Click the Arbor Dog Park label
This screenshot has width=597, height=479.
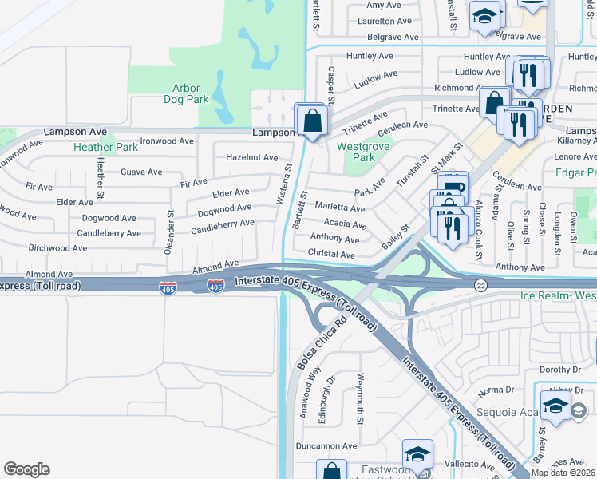tap(185, 94)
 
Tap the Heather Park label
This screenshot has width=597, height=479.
tap(105, 147)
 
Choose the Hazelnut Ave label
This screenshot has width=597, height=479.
tap(252, 158)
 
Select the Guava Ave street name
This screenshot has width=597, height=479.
tap(141, 172)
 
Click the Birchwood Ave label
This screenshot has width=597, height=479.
tap(57, 248)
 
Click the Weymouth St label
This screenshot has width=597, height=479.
tap(360, 399)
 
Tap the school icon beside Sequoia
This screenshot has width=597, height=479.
tap(555, 406)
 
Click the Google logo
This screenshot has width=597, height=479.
tap(26, 469)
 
